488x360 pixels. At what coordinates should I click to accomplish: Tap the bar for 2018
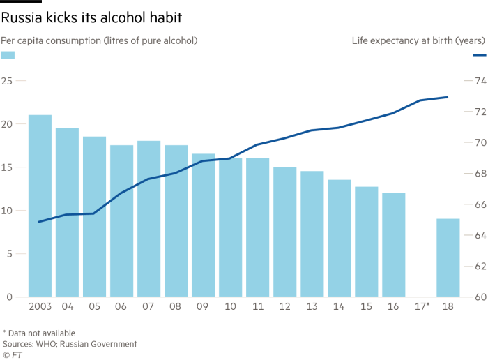(x=448, y=257)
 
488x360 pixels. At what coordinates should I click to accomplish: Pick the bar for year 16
(x=393, y=244)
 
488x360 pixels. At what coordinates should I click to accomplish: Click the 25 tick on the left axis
(x=8, y=82)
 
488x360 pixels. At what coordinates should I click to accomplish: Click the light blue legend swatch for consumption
(x=8, y=55)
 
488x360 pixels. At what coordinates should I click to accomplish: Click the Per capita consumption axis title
(x=99, y=40)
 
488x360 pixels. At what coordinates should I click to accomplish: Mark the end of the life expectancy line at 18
(x=448, y=97)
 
